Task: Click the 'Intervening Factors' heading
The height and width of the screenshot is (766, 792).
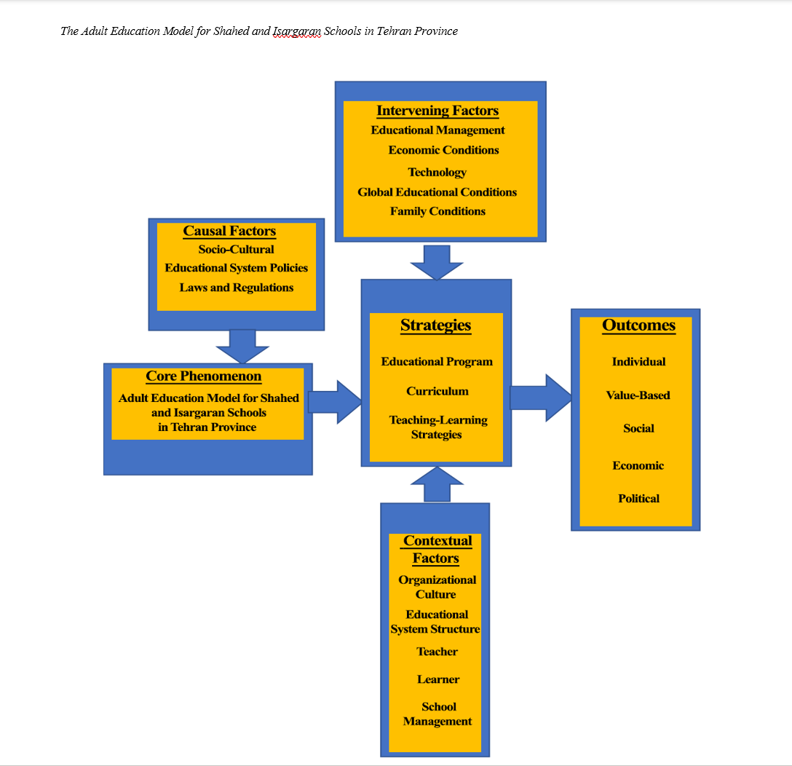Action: (437, 111)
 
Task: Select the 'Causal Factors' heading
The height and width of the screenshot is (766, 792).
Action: (229, 231)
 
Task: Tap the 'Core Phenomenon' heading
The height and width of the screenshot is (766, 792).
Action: (204, 376)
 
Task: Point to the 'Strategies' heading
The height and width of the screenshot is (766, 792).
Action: (435, 325)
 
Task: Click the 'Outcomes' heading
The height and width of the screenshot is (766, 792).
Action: (638, 325)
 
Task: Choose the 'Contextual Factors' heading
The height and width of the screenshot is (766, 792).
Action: (437, 550)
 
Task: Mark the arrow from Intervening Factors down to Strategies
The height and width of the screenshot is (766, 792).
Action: (437, 262)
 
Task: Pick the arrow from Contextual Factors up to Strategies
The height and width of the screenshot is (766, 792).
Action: (437, 484)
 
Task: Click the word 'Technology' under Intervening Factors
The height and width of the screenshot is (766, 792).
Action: (437, 173)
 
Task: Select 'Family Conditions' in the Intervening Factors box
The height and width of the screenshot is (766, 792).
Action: (437, 211)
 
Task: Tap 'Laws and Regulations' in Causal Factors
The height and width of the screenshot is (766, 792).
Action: (237, 288)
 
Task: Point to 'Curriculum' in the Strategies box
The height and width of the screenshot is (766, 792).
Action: (437, 391)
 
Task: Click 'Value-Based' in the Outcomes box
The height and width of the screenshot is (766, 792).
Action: (638, 395)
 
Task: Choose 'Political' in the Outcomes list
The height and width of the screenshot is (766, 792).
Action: (638, 499)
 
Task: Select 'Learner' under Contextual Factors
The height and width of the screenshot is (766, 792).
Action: (438, 679)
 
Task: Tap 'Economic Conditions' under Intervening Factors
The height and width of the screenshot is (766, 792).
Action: (443, 150)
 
